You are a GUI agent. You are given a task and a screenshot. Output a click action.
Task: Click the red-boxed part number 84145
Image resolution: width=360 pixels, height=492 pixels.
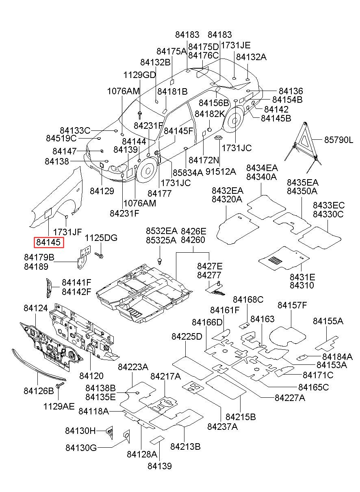(48, 242)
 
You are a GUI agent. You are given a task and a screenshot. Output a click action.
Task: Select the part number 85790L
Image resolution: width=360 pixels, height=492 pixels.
(339, 140)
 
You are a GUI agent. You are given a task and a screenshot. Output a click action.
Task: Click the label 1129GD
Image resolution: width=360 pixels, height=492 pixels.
(139, 75)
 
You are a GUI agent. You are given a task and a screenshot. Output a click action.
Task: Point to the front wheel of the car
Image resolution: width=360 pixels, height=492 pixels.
(147, 171)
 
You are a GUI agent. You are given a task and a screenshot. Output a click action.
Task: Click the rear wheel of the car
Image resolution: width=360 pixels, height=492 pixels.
(234, 120)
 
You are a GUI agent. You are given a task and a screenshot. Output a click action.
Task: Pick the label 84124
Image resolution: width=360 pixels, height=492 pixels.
(36, 308)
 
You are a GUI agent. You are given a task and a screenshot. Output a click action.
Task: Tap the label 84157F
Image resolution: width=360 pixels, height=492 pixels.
(292, 305)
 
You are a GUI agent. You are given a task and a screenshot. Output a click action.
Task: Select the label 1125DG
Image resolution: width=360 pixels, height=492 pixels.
(101, 238)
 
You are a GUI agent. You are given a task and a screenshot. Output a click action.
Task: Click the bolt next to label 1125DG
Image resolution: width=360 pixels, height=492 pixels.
(99, 255)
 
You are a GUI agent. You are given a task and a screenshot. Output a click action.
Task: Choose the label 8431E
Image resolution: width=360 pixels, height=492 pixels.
(302, 277)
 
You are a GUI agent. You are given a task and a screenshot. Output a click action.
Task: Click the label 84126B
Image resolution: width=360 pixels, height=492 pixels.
(39, 391)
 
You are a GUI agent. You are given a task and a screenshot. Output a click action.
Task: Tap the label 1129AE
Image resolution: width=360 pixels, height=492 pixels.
(59, 406)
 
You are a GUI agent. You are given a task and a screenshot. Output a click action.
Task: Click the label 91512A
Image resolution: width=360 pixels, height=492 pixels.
(221, 171)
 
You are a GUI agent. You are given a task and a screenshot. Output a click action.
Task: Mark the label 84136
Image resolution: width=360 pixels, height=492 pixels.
(291, 91)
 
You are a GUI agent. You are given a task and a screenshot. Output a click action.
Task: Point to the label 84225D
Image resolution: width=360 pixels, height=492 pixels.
(187, 336)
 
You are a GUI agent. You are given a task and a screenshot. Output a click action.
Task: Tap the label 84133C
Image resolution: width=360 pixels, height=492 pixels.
(75, 130)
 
